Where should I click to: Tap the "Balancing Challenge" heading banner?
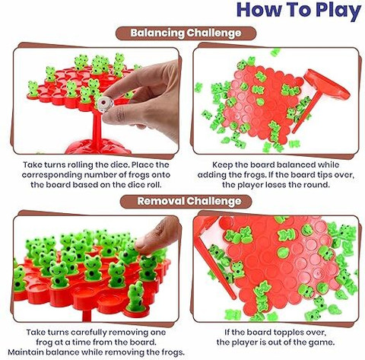[x=186, y=33]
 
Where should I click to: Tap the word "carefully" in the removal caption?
[x=89, y=333]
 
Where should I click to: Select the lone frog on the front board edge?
[x=136, y=296]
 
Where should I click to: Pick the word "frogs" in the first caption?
[x=139, y=175]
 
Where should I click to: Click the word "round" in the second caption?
[x=317, y=185]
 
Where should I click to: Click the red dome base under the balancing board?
[x=98, y=147]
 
